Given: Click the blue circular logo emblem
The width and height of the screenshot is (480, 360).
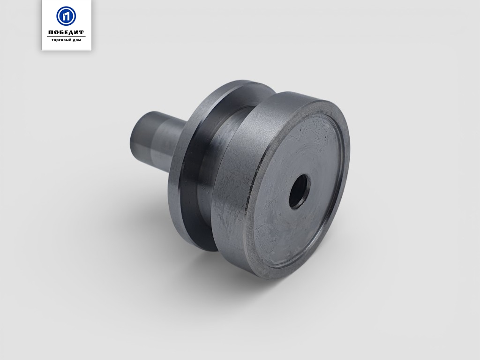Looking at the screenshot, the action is [66, 16].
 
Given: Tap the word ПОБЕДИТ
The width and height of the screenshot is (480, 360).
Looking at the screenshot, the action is [66, 32].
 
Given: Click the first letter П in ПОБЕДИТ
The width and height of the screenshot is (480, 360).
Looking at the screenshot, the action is [51, 32].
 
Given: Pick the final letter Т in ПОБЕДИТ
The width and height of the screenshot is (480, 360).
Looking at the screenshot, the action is [81, 32].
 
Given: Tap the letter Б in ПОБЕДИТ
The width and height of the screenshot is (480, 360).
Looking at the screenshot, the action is [61, 32].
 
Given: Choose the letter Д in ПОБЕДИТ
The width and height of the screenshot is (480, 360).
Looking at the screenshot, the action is [71, 32].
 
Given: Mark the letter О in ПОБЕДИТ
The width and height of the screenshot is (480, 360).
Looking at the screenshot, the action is [56, 32].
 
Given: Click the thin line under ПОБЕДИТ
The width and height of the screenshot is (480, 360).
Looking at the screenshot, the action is [66, 37].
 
